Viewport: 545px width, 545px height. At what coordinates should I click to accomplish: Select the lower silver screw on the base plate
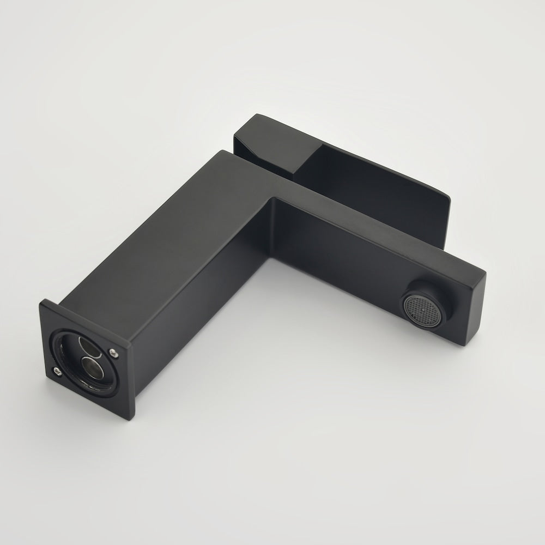pyautogui.click(x=57, y=372)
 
